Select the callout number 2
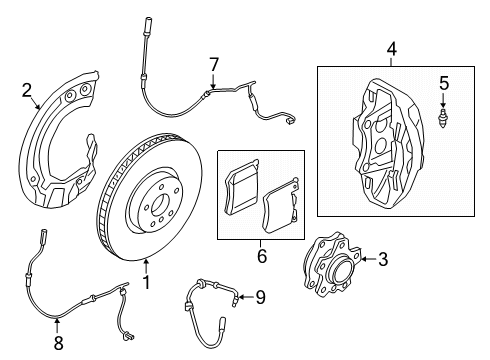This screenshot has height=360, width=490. [27, 91]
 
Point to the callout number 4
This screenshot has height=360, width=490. [391, 47]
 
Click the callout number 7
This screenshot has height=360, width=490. [212, 65]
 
